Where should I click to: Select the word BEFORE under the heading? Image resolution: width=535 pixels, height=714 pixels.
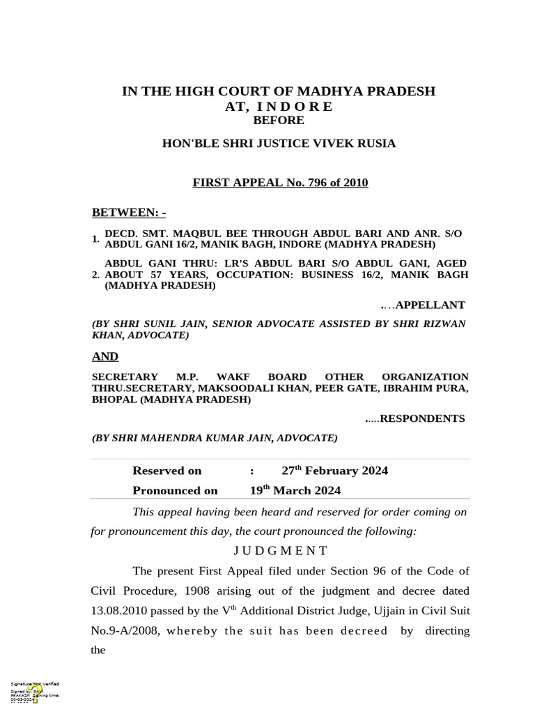pyautogui.click(x=279, y=121)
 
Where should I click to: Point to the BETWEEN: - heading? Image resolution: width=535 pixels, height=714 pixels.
pyautogui.click(x=129, y=212)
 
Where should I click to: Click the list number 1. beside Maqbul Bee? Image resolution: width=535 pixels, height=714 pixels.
pyautogui.click(x=95, y=239)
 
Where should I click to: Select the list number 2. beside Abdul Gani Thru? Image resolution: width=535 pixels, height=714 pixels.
pyautogui.click(x=95, y=275)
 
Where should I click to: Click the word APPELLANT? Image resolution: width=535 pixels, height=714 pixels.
pyautogui.click(x=430, y=305)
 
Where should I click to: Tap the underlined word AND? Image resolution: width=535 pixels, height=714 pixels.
pyautogui.click(x=105, y=357)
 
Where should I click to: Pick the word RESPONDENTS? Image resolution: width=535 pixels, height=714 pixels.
pyautogui.click(x=422, y=419)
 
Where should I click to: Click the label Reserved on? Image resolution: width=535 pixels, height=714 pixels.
pyautogui.click(x=167, y=471)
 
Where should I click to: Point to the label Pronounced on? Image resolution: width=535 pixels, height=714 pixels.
pyautogui.click(x=175, y=490)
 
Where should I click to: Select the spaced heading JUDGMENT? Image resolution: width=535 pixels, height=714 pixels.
pyautogui.click(x=280, y=551)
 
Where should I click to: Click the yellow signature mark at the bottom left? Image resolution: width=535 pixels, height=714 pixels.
pyautogui.click(x=33, y=692)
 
